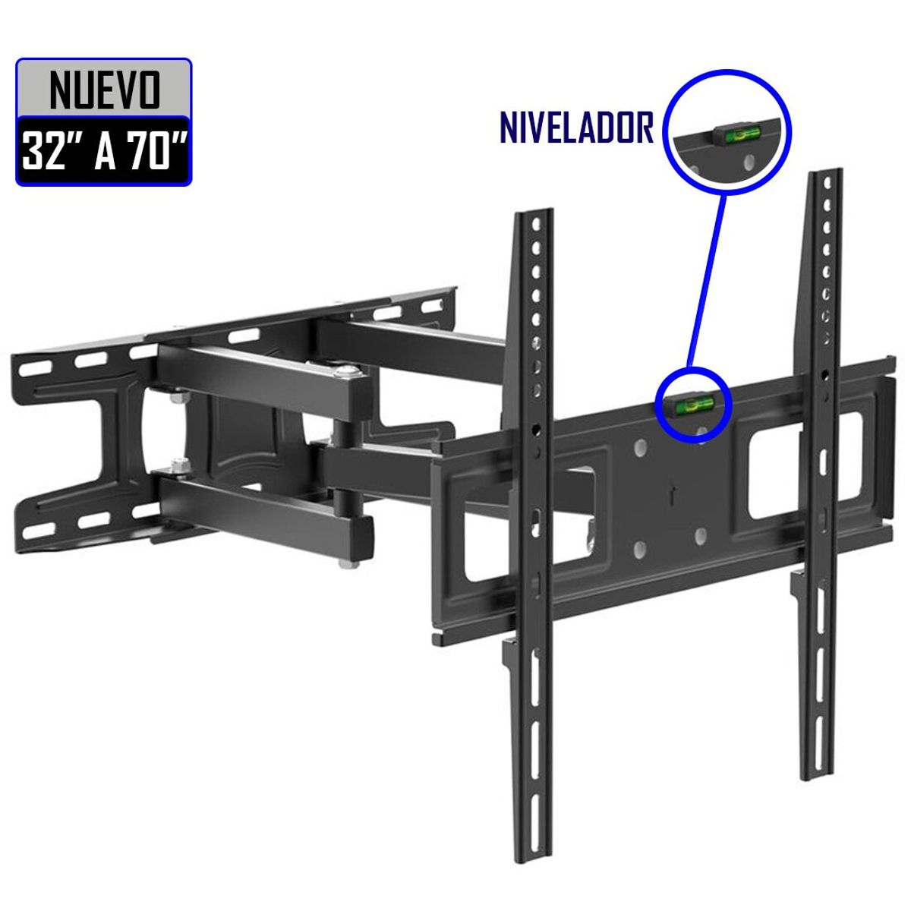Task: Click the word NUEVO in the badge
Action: point(104,89)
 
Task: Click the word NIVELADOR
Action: point(576,127)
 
